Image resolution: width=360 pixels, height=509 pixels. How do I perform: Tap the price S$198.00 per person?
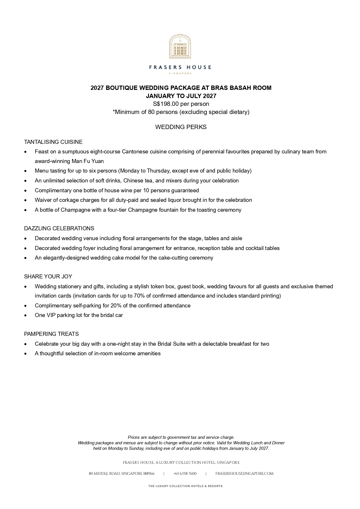point(181,104)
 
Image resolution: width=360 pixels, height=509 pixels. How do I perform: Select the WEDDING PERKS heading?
point(181,127)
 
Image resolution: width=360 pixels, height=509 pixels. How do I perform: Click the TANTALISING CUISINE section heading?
point(53,142)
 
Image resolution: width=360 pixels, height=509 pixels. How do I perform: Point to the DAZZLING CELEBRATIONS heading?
point(59,228)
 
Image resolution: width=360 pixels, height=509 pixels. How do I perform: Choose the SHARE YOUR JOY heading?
point(48,276)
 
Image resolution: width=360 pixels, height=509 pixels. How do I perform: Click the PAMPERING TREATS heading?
point(51,334)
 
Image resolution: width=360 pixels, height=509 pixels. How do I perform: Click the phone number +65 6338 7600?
point(185,474)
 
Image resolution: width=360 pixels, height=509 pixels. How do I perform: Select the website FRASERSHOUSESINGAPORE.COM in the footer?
point(244,474)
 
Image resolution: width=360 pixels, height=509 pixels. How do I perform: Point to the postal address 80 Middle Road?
point(121,474)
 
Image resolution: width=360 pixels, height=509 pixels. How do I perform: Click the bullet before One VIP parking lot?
point(26,315)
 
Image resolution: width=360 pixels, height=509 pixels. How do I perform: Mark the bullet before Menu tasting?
point(26,171)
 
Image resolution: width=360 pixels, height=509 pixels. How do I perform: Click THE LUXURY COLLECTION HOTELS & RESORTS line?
point(185,486)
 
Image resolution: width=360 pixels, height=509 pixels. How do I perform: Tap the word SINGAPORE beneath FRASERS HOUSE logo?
point(180,73)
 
